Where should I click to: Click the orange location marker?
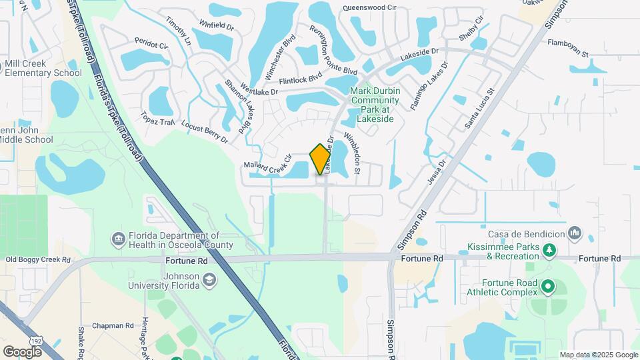(x=321, y=159)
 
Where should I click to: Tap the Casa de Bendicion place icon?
(x=575, y=232)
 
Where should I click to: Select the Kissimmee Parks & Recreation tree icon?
(x=549, y=251)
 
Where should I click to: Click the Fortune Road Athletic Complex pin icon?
(x=548, y=287)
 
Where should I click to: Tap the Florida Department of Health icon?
(x=119, y=239)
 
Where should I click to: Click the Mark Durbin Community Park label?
(x=375, y=105)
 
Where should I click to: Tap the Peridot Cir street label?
(x=150, y=44)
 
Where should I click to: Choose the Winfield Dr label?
(x=217, y=27)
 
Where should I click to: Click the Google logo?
(x=22, y=351)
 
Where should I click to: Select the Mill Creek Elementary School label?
(x=43, y=68)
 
